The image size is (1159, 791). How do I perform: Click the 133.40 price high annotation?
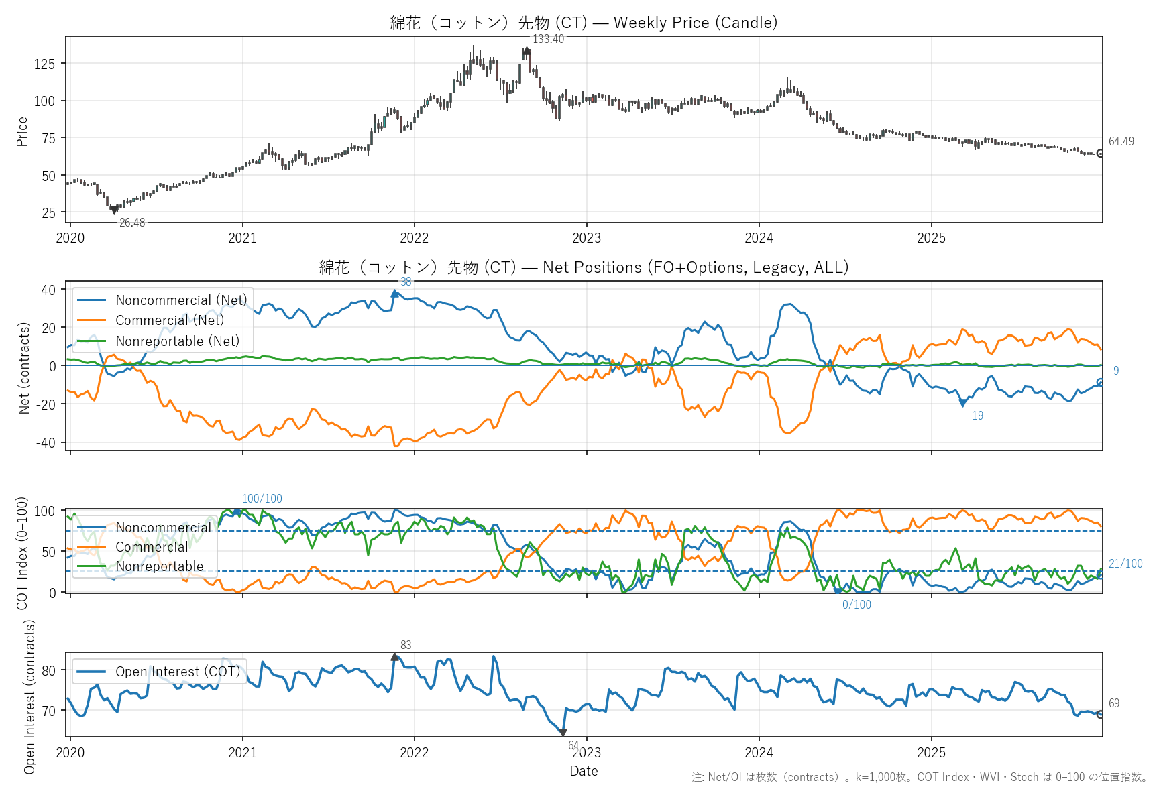(x=548, y=39)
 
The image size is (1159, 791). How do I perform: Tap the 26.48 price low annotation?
(x=132, y=223)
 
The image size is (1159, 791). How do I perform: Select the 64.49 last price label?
(x=1121, y=141)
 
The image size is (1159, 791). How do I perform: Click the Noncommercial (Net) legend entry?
(x=180, y=300)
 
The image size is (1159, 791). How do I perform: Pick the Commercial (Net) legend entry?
(x=169, y=320)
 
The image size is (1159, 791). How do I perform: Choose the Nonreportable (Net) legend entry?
(x=177, y=341)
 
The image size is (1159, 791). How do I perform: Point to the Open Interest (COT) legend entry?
(x=177, y=672)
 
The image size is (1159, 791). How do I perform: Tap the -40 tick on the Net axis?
(x=48, y=442)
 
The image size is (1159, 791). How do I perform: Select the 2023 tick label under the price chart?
(x=586, y=238)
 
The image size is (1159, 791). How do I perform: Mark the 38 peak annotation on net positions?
(x=406, y=282)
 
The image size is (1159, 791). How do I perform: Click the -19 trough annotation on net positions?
(x=976, y=416)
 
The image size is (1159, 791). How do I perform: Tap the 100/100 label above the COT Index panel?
(x=262, y=499)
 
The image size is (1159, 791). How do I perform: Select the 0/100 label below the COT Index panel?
(x=857, y=605)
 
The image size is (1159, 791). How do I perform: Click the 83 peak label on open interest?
(x=406, y=645)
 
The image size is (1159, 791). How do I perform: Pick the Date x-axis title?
(x=584, y=771)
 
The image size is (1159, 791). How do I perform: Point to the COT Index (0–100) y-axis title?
(x=22, y=553)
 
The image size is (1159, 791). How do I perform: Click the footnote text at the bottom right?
(x=920, y=777)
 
